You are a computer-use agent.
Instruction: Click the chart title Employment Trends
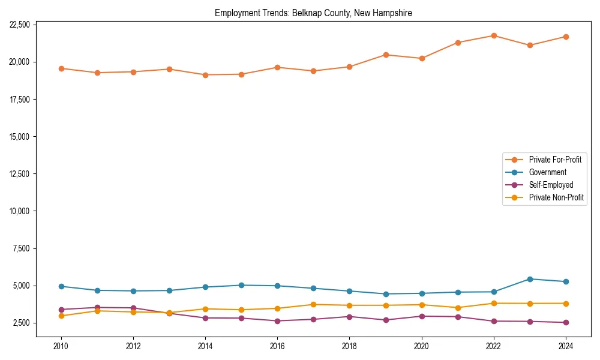click(x=313, y=13)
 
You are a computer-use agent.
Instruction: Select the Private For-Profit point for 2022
click(x=494, y=35)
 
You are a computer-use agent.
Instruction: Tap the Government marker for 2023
click(x=530, y=279)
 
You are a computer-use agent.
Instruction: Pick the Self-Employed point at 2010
click(x=61, y=310)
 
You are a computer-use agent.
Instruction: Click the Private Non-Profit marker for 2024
click(x=566, y=304)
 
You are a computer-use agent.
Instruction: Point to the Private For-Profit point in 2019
click(x=386, y=55)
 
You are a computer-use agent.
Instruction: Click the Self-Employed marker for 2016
click(x=277, y=321)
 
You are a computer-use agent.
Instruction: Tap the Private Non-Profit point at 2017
click(x=313, y=305)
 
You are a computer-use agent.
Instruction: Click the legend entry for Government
click(x=547, y=172)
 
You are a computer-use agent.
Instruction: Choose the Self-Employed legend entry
click(x=551, y=185)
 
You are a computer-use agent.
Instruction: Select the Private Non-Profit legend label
click(x=556, y=197)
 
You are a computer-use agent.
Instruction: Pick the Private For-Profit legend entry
click(x=555, y=160)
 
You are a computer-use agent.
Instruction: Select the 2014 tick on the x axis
click(x=205, y=346)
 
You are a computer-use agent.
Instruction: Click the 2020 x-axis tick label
click(x=422, y=346)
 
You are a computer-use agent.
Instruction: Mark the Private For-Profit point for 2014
click(x=205, y=75)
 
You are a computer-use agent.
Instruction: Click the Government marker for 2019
click(x=386, y=294)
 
